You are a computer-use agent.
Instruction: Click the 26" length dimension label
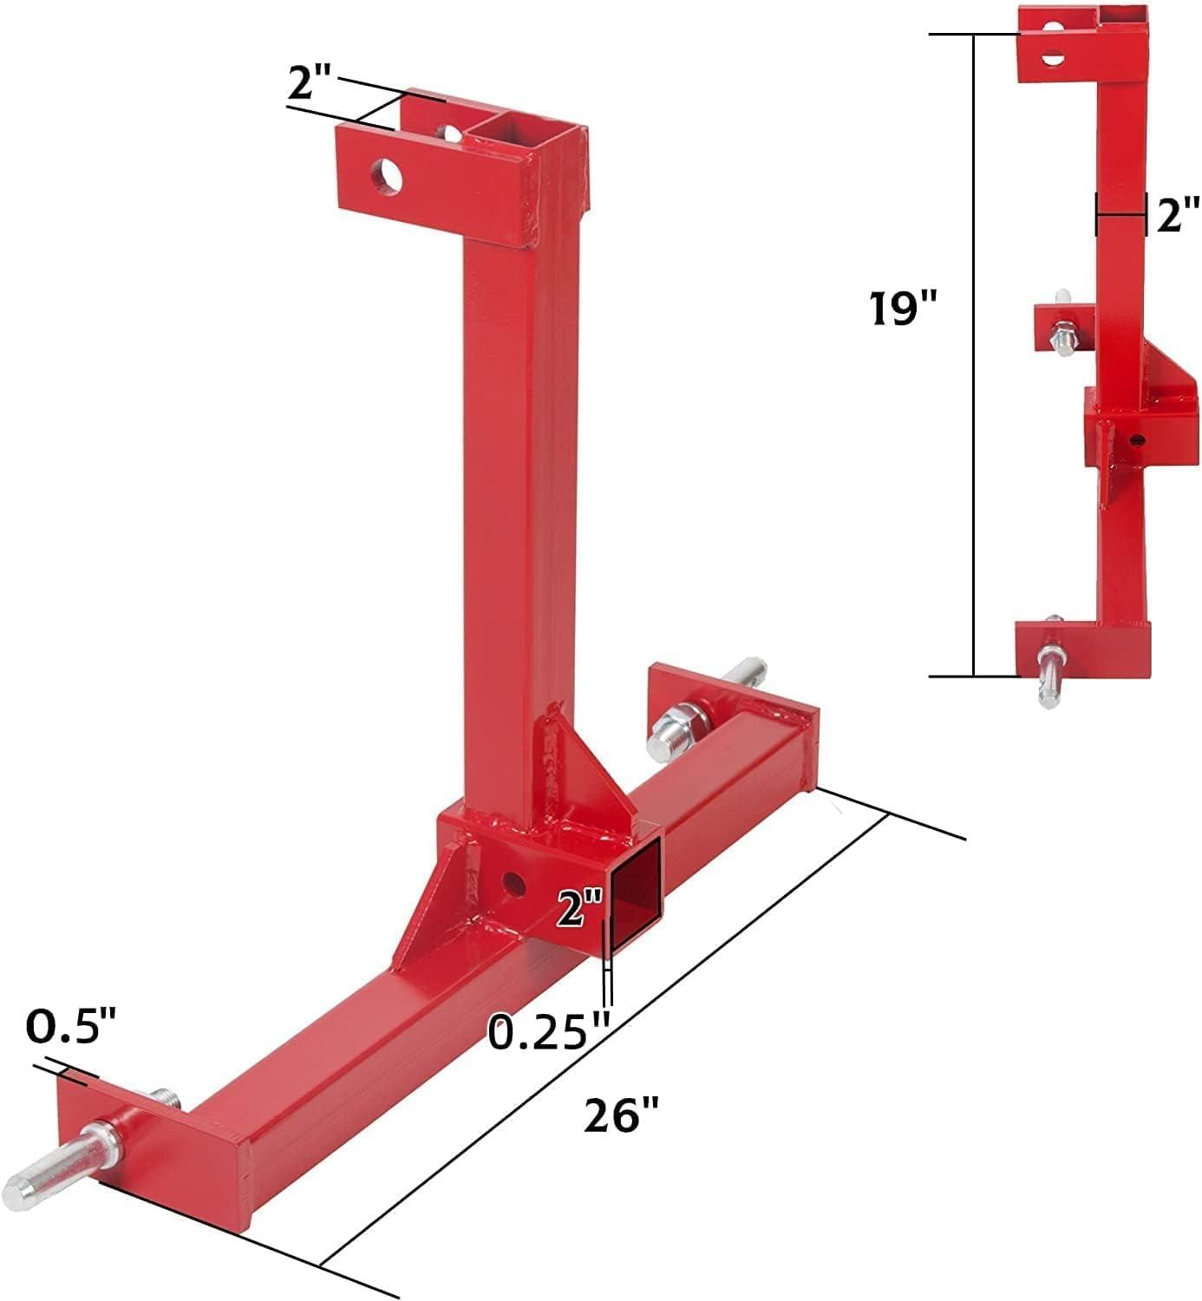(620, 1114)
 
